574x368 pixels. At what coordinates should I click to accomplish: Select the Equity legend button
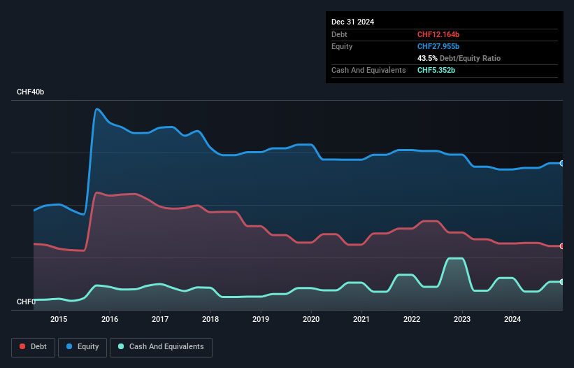point(82,346)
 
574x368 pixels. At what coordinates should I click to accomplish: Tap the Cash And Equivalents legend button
point(161,346)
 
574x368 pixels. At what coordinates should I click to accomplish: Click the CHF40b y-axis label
point(31,92)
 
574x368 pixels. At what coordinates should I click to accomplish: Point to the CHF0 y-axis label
point(26,302)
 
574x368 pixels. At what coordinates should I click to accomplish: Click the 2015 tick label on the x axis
point(59,320)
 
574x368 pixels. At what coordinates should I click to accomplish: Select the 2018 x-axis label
point(210,320)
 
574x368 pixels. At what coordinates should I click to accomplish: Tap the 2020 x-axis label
point(311,320)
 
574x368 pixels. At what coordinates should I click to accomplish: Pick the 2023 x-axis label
point(462,320)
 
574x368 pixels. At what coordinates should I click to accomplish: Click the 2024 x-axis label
point(512,320)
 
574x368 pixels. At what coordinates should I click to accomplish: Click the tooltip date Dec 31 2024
point(352,22)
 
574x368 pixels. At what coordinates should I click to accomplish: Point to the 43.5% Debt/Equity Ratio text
point(459,58)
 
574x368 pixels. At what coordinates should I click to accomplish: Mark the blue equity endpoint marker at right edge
point(561,163)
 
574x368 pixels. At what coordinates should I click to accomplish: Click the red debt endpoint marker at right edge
point(561,246)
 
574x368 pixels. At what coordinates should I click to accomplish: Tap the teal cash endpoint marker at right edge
point(561,282)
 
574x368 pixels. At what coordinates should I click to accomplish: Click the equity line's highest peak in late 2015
point(96,108)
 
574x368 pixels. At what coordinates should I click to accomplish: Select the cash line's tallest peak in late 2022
point(454,258)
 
